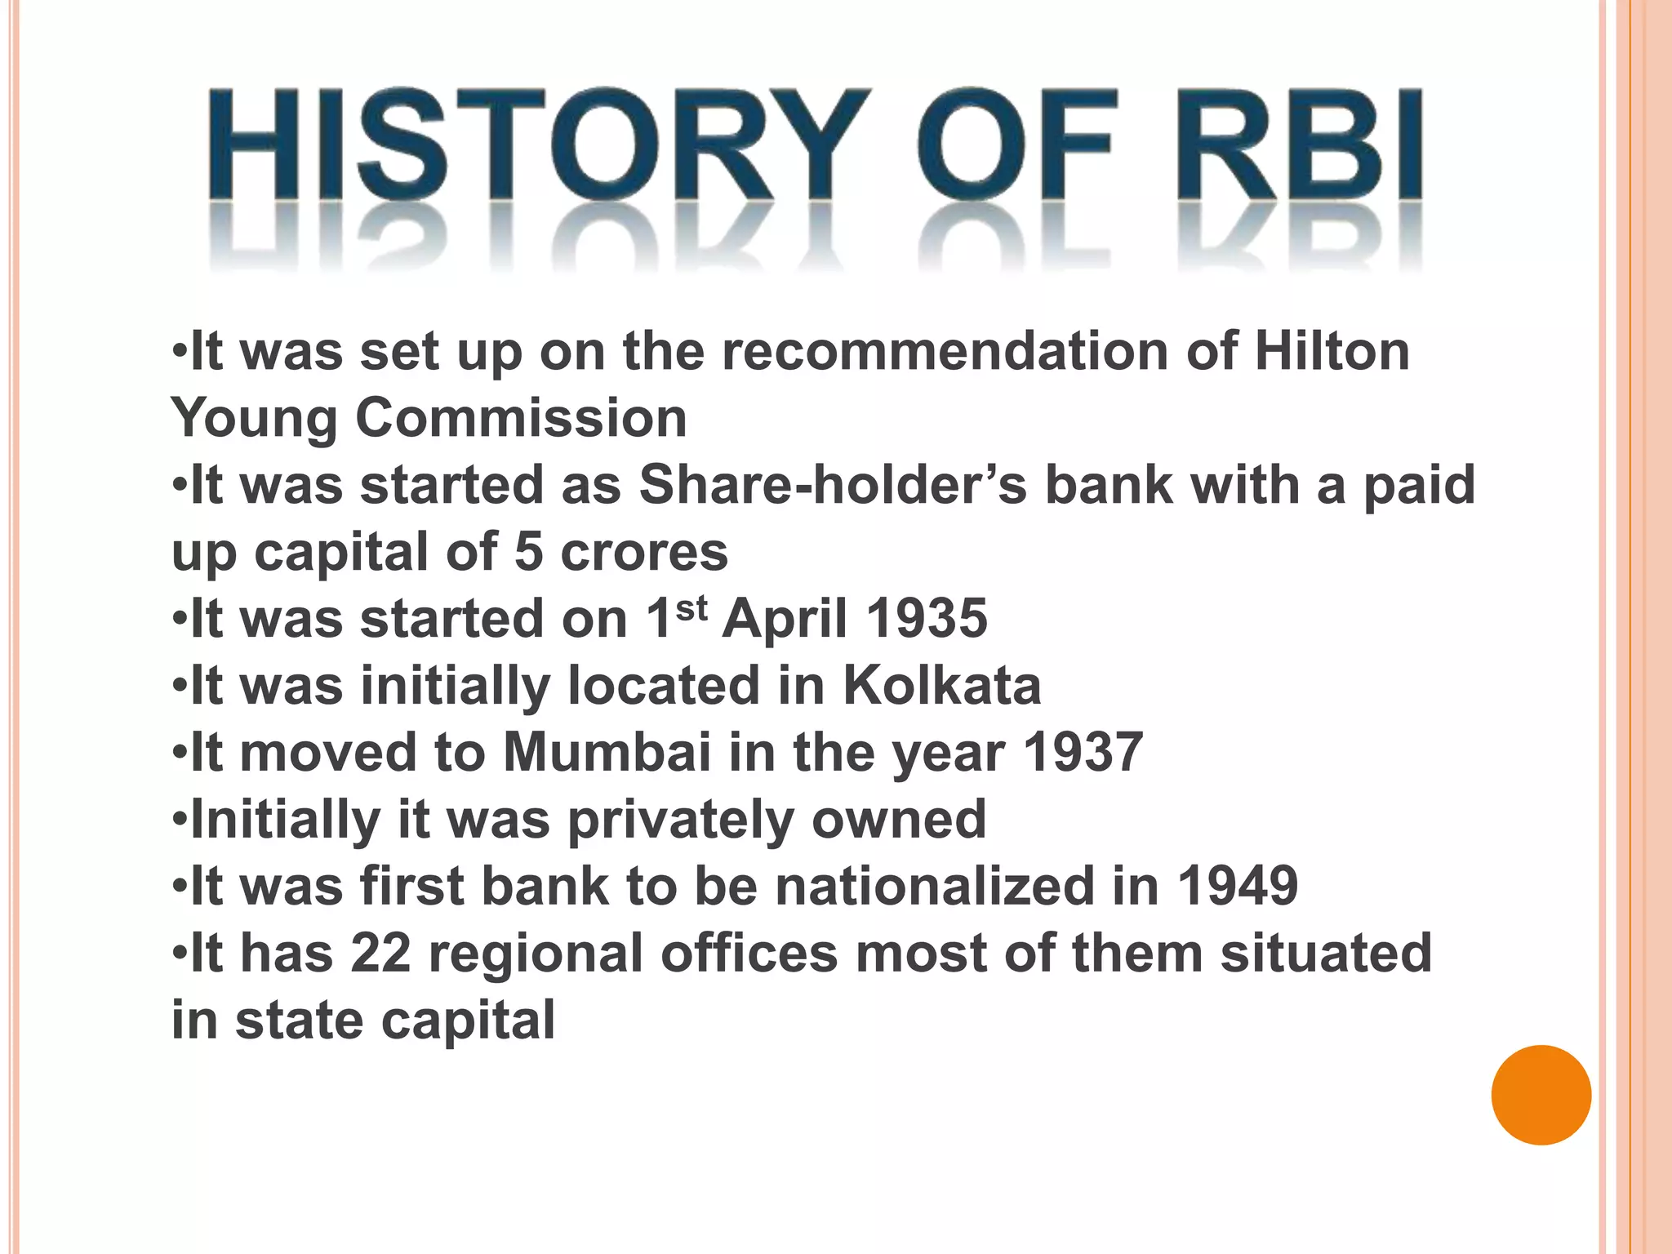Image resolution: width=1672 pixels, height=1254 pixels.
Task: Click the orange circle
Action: click(x=1541, y=1095)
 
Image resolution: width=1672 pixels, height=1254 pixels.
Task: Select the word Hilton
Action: click(x=1332, y=352)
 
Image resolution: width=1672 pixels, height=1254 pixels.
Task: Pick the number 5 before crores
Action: click(x=528, y=553)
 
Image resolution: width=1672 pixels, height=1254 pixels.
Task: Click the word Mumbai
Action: click(x=607, y=753)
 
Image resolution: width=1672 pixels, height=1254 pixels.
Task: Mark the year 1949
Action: click(x=1237, y=887)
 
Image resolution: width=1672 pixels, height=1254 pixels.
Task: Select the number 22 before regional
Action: click(x=380, y=954)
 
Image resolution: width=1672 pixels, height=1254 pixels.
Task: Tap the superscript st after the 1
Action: click(x=691, y=607)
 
